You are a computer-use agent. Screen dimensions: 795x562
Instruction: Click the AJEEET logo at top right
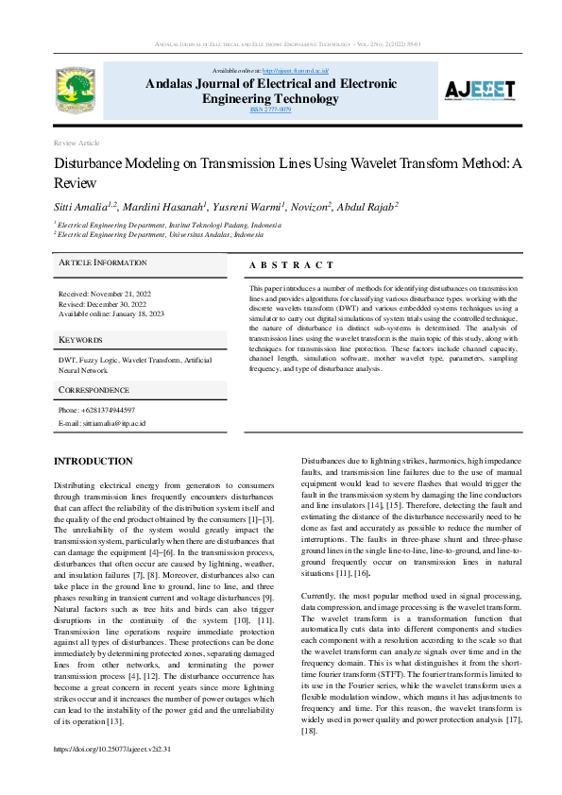(x=480, y=91)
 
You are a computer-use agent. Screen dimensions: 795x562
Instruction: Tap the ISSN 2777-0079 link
(x=270, y=110)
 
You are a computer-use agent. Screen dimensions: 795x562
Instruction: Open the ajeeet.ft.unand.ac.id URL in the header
(x=295, y=71)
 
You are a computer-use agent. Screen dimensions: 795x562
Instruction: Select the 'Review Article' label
(x=77, y=143)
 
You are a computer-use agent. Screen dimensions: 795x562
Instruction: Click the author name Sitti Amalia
(x=81, y=205)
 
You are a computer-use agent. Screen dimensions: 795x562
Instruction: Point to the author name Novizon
(x=307, y=205)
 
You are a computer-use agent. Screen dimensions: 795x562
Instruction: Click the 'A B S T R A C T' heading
(x=292, y=265)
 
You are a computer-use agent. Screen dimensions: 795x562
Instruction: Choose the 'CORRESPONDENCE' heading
(x=94, y=389)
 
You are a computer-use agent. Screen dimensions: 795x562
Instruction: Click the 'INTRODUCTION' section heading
(x=94, y=461)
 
